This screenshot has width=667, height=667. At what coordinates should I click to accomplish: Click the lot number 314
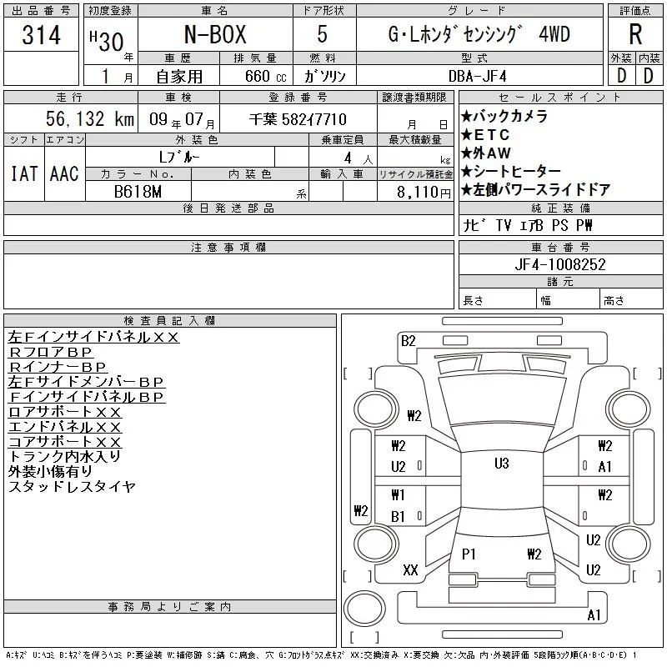tap(41, 34)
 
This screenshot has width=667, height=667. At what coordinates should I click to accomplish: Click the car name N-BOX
tap(215, 34)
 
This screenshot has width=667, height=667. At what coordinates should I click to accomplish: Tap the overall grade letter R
tap(635, 34)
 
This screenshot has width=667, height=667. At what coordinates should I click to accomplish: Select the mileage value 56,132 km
tap(90, 118)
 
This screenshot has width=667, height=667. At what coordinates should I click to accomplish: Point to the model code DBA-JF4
tap(478, 77)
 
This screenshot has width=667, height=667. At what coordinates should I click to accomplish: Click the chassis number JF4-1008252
tap(559, 264)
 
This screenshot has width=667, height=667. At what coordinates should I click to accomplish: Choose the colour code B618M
tap(138, 192)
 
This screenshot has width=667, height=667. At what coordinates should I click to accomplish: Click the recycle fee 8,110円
tap(424, 193)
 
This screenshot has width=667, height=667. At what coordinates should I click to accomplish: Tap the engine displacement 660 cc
tap(265, 77)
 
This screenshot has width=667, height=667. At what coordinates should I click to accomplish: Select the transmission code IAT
tap(24, 173)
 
